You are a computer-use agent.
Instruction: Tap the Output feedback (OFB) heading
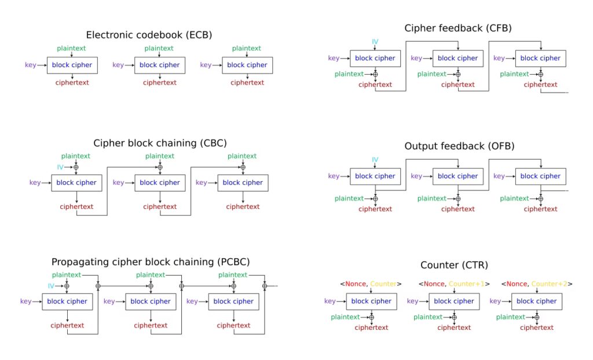click(x=459, y=146)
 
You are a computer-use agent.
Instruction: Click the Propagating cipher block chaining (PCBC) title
click(x=151, y=262)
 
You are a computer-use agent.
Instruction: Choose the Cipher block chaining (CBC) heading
click(x=160, y=143)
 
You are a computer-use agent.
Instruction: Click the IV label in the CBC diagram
click(x=60, y=167)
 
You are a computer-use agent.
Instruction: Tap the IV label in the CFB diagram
click(x=375, y=42)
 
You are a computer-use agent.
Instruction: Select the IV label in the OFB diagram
click(x=375, y=160)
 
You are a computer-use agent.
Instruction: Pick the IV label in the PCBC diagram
click(x=51, y=286)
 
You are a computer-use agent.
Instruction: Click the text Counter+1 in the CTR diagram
click(x=467, y=284)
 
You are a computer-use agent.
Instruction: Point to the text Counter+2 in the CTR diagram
click(x=550, y=284)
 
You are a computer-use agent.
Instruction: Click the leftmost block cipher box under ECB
click(x=72, y=65)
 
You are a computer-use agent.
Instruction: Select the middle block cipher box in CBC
click(x=160, y=183)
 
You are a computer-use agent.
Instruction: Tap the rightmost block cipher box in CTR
click(x=537, y=302)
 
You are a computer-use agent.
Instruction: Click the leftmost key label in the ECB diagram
click(x=31, y=65)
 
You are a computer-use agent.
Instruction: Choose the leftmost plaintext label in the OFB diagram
click(x=349, y=199)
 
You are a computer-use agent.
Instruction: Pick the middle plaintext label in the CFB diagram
click(x=431, y=74)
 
